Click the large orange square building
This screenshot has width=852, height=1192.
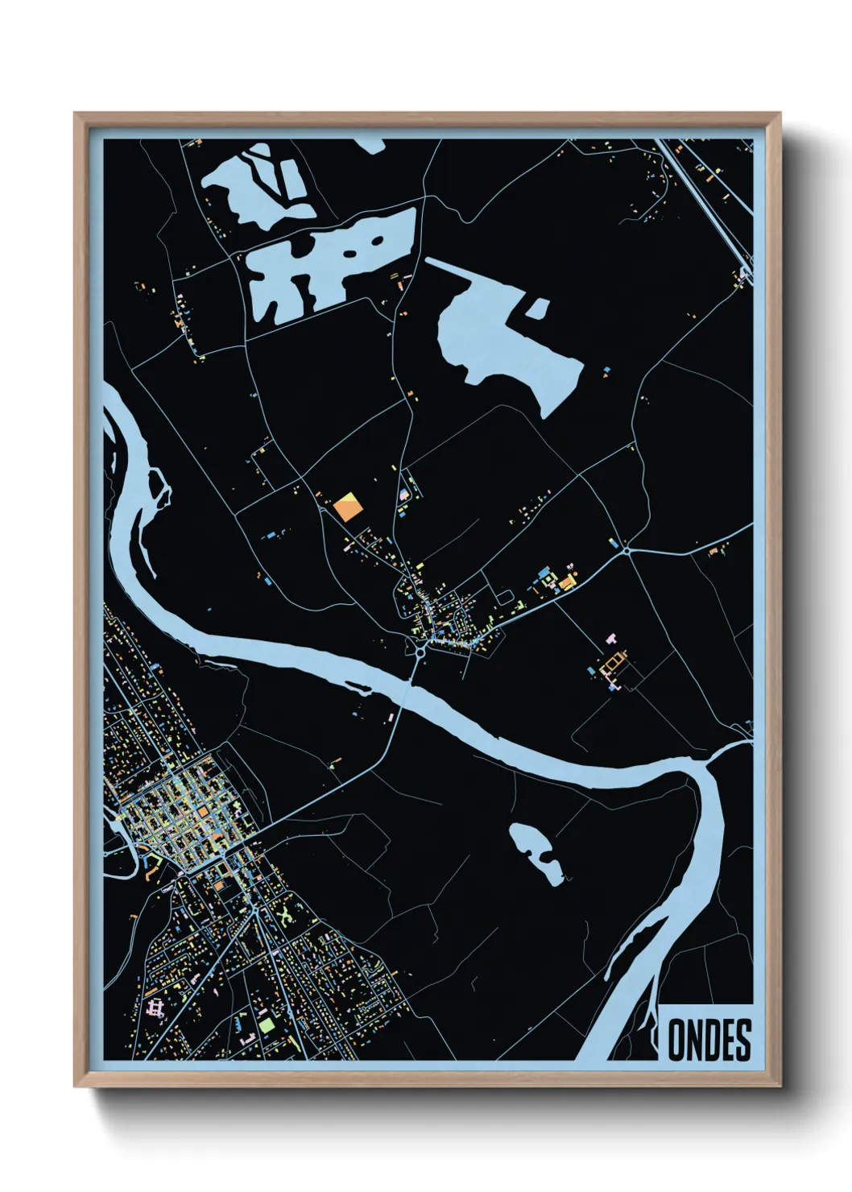(x=348, y=507)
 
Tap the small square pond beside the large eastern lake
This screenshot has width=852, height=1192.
(x=536, y=308)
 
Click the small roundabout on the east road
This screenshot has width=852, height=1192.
(x=627, y=550)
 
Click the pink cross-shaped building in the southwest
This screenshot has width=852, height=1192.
(x=155, y=1008)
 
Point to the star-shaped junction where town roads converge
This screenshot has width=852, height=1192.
(x=254, y=909)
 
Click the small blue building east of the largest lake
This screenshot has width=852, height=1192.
(x=606, y=371)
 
